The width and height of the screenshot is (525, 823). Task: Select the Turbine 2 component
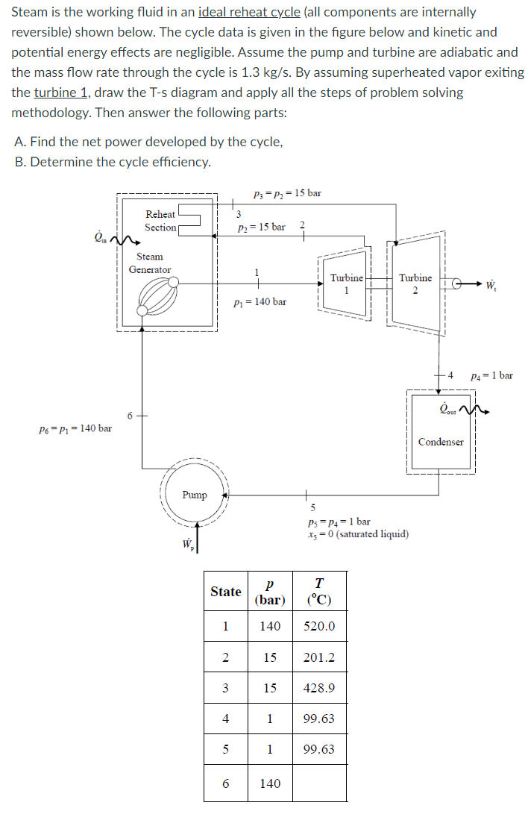pyautogui.click(x=415, y=284)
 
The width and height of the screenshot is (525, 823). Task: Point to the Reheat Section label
pyautogui.click(x=160, y=221)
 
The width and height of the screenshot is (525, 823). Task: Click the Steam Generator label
pyautogui.click(x=150, y=263)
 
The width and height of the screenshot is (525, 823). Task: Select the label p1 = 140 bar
pyautogui.click(x=260, y=302)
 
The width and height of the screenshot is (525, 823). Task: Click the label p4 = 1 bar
pyautogui.click(x=491, y=375)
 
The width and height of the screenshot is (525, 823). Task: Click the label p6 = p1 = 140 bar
pyautogui.click(x=75, y=428)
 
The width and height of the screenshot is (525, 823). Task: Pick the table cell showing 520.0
pyautogui.click(x=319, y=626)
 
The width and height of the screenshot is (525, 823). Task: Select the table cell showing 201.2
pyautogui.click(x=319, y=657)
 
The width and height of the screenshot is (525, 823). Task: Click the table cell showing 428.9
pyautogui.click(x=319, y=689)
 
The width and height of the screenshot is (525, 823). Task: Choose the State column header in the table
pyautogui.click(x=226, y=592)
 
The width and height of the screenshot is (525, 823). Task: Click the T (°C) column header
pyautogui.click(x=319, y=592)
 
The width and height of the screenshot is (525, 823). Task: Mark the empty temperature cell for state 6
pyautogui.click(x=319, y=783)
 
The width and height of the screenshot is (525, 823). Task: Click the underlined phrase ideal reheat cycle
pyautogui.click(x=250, y=13)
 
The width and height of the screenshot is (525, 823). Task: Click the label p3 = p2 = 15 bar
pyautogui.click(x=287, y=193)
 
